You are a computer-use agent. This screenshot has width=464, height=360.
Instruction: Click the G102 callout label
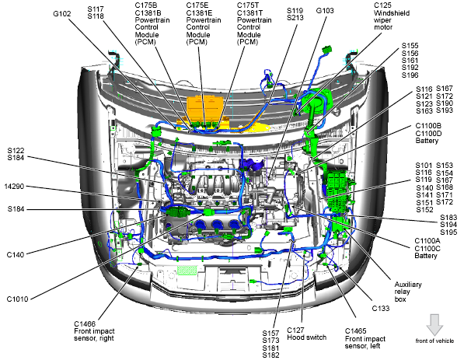coord(62,14)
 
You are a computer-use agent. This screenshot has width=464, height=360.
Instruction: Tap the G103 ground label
coord(325,11)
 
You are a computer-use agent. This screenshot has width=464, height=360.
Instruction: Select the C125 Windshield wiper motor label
coord(392,16)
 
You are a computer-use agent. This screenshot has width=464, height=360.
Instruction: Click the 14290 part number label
coord(14,187)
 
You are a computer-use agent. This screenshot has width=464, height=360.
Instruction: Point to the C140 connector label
coord(16,254)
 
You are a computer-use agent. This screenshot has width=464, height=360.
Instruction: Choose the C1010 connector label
coord(17,299)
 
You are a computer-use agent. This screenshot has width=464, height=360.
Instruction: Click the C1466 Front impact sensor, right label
coord(94,331)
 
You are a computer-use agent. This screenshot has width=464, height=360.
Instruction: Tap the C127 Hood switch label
coord(306,334)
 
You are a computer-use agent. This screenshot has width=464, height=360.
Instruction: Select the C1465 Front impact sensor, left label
coord(365,338)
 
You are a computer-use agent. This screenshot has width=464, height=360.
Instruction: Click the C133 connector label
coord(381,309)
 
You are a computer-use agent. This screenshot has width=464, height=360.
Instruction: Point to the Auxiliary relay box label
coord(408,292)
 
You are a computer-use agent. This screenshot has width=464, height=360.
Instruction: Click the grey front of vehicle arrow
coord(434,325)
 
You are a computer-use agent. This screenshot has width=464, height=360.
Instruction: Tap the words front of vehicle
coord(434,341)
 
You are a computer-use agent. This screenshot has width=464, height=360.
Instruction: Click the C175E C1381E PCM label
coord(204,23)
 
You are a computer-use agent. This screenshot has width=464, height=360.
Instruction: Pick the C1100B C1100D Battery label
coord(428,133)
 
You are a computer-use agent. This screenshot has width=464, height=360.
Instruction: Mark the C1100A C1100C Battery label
coord(427,248)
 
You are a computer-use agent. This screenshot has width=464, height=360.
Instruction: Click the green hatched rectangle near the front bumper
coord(187,271)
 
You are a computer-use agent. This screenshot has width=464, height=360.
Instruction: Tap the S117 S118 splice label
coord(96,12)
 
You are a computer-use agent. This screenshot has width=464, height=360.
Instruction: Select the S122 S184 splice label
coord(16,154)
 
